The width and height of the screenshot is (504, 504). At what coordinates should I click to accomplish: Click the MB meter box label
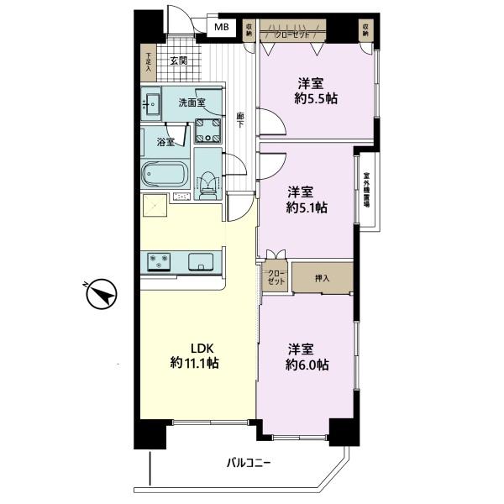point(222,27)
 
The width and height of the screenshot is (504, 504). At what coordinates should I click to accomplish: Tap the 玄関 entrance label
point(179,60)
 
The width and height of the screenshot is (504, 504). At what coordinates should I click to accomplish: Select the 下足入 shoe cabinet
point(148,62)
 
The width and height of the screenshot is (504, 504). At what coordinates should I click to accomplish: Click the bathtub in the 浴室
point(165,175)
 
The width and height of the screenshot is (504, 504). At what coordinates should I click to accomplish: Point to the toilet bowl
point(207,186)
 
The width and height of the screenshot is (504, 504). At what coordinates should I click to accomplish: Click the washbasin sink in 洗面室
point(151,103)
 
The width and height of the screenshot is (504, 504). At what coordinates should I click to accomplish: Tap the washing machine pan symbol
point(208,130)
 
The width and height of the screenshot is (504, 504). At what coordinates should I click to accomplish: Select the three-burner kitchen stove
point(159,261)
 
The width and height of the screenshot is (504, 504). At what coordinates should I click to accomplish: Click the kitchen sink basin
point(201,261)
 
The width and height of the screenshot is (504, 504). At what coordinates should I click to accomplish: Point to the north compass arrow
point(102,294)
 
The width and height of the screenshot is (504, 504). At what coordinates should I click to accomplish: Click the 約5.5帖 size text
point(316,98)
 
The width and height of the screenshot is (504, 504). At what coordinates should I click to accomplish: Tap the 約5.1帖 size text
point(307,207)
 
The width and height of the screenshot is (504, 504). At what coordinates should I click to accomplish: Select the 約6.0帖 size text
point(307,365)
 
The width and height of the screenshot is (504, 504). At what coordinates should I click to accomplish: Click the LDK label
point(202,348)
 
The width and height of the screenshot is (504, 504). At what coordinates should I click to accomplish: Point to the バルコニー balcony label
point(249,463)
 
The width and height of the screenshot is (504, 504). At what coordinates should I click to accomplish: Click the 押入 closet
point(323,278)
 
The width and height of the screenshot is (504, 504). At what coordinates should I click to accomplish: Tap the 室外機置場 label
point(366,190)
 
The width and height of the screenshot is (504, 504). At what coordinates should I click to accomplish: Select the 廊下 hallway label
point(240,120)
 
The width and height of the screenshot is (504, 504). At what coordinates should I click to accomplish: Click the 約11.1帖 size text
point(195,363)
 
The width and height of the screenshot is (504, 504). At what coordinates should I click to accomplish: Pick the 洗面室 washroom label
point(192,102)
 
